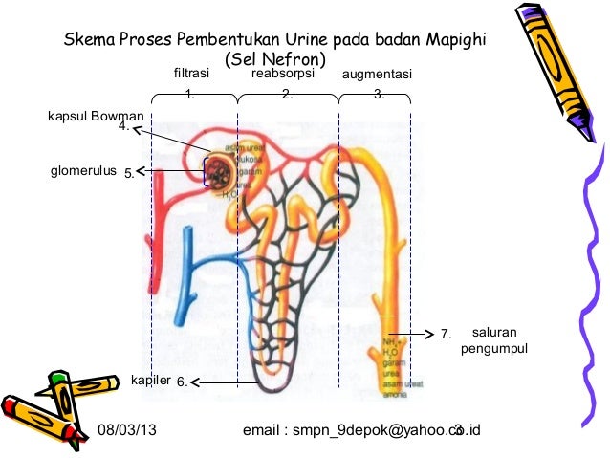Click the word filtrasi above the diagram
[190, 74]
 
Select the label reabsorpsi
[283, 73]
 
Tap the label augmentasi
[376, 74]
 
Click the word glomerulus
[82, 172]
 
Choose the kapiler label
[150, 382]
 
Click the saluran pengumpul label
[494, 340]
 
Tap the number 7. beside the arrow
[445, 335]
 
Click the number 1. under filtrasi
[190, 94]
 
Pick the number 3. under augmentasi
[379, 94]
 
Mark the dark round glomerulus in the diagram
[217, 173]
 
